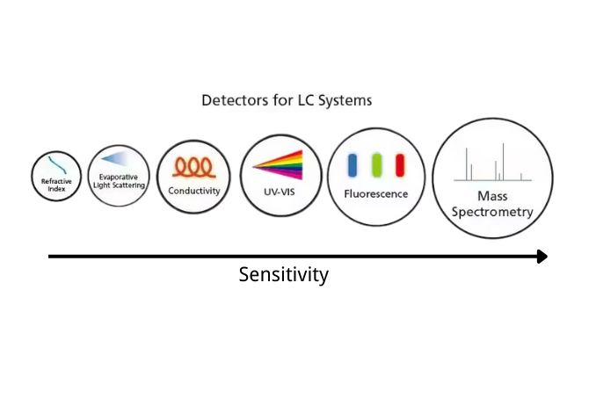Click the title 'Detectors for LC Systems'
(x=287, y=100)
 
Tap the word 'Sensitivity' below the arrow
(x=284, y=275)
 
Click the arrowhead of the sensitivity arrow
(x=541, y=257)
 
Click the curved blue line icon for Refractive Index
(x=60, y=165)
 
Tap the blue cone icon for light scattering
(x=115, y=159)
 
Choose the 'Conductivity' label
(x=193, y=191)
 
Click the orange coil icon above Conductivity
(x=193, y=167)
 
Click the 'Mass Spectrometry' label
(x=493, y=204)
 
